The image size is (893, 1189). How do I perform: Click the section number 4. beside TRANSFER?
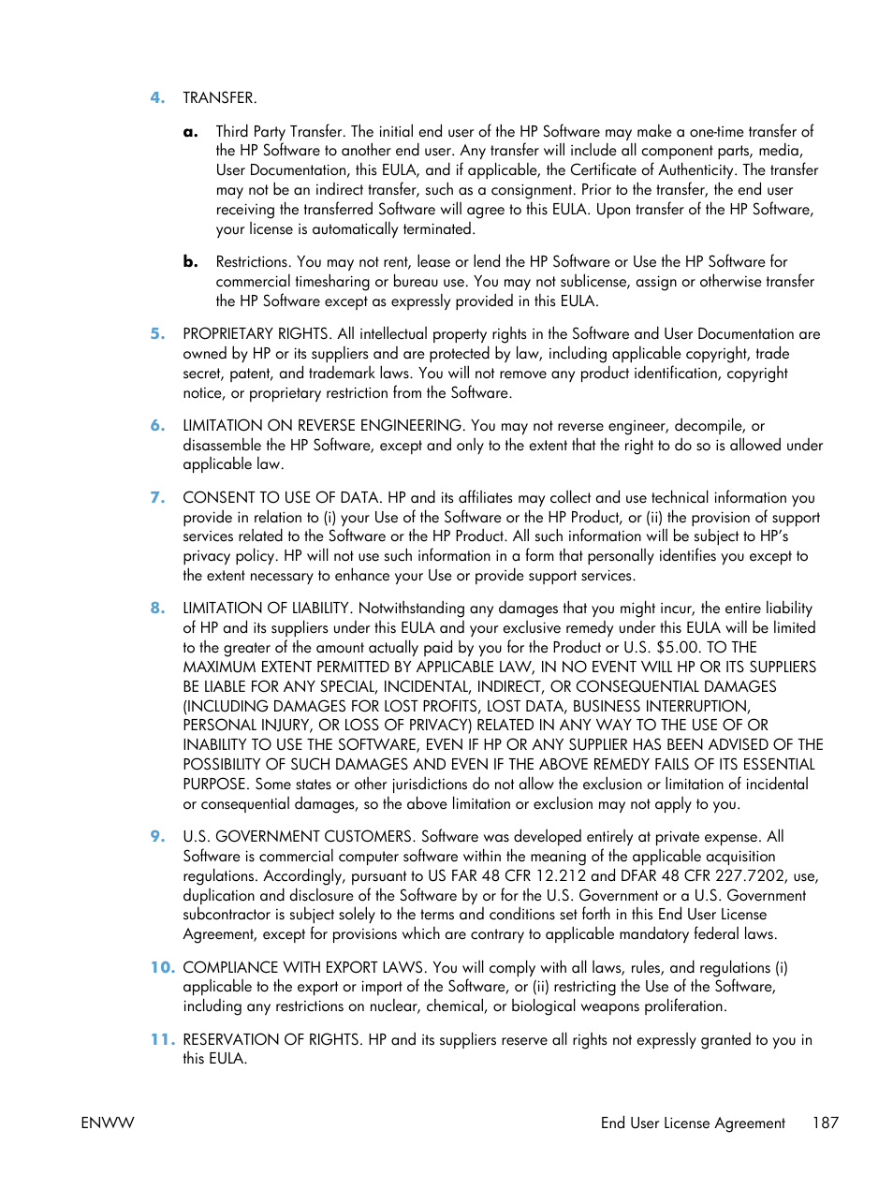(157, 97)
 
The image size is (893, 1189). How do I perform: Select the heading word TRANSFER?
(219, 97)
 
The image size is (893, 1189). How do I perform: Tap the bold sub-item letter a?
(190, 132)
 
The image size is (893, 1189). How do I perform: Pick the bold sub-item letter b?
(190, 262)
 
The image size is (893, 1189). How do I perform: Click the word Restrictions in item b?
(252, 262)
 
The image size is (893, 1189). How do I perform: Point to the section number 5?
(157, 334)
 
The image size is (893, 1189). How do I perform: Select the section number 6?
(157, 426)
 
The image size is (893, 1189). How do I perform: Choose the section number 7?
(157, 498)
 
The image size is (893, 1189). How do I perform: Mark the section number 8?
(157, 609)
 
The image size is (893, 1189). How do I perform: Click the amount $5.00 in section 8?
(677, 648)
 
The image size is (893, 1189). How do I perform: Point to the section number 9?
(157, 837)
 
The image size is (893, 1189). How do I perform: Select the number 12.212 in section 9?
(560, 876)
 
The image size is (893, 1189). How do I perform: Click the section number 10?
(162, 968)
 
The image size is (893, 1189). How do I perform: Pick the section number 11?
(162, 1040)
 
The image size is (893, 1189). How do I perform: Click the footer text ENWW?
(108, 1123)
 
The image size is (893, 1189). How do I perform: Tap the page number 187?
(825, 1123)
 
